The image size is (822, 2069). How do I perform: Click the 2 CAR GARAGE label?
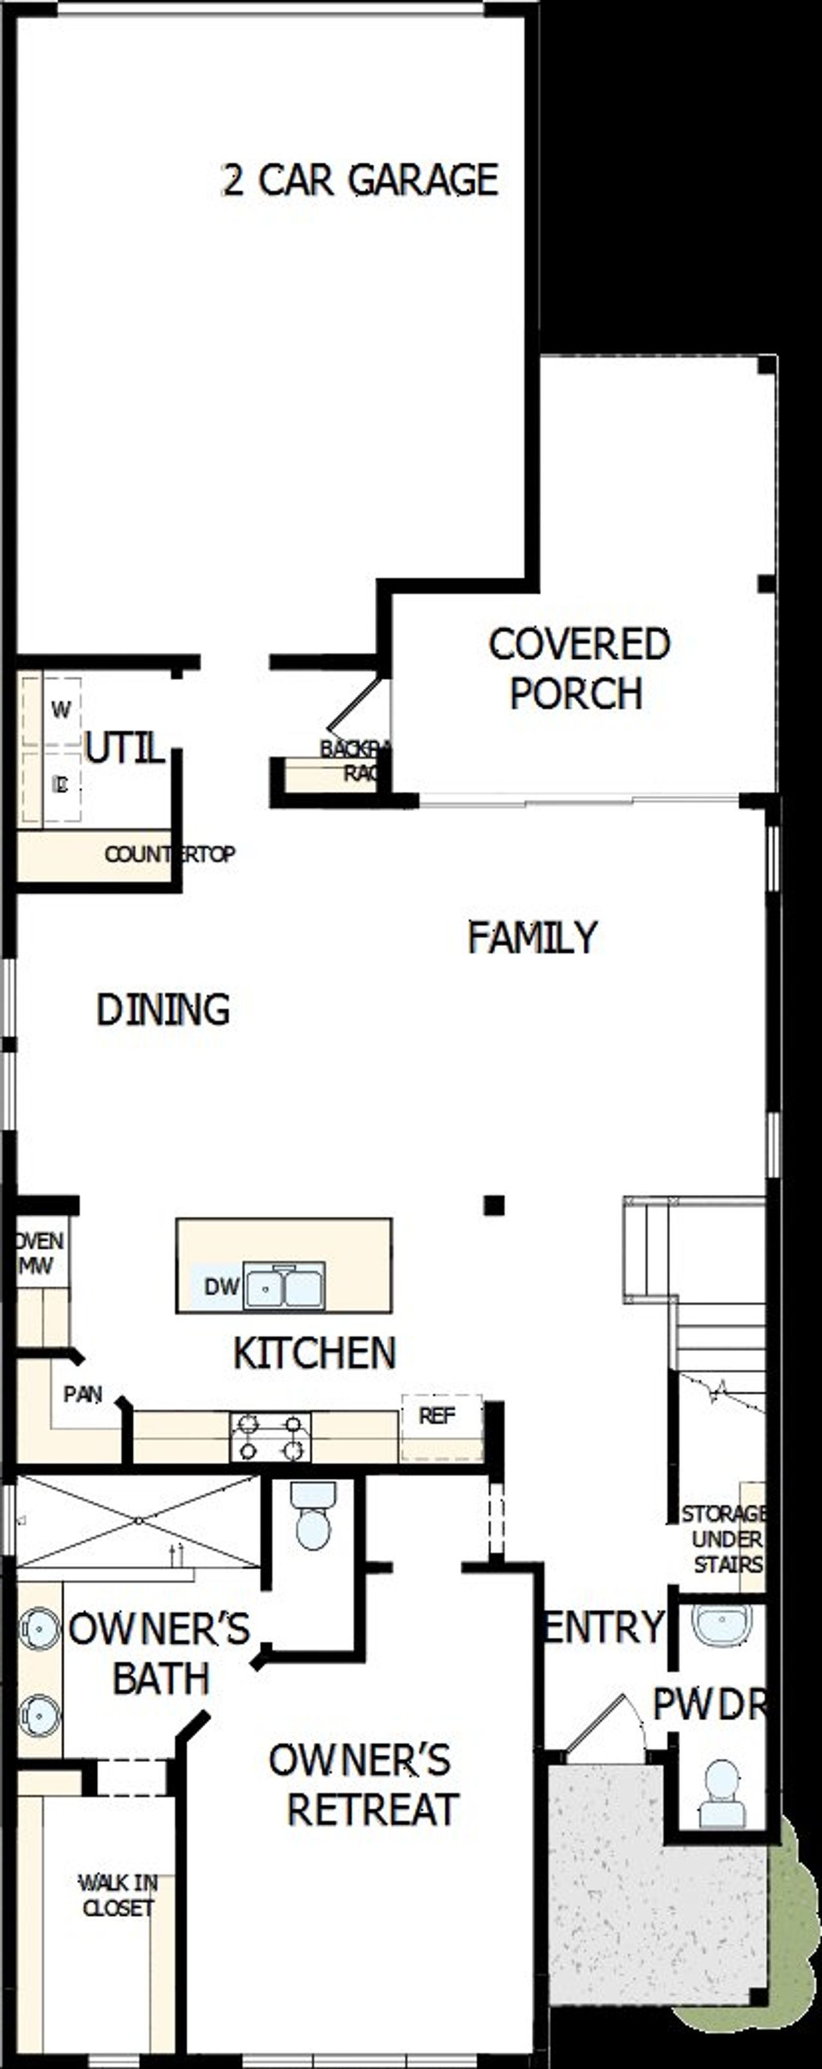pos(360,180)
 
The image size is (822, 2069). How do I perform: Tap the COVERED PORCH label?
pos(579,668)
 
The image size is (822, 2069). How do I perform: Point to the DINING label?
pos(163,1009)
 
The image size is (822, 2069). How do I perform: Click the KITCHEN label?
pos(314,1354)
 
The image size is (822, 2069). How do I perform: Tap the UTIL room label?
pos(125,749)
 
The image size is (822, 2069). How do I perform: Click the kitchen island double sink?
pos(284,1286)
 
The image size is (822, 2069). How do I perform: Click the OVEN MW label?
pos(38,1253)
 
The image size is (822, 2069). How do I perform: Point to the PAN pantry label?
pos(83,1394)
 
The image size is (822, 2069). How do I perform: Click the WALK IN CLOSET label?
pos(118,1895)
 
